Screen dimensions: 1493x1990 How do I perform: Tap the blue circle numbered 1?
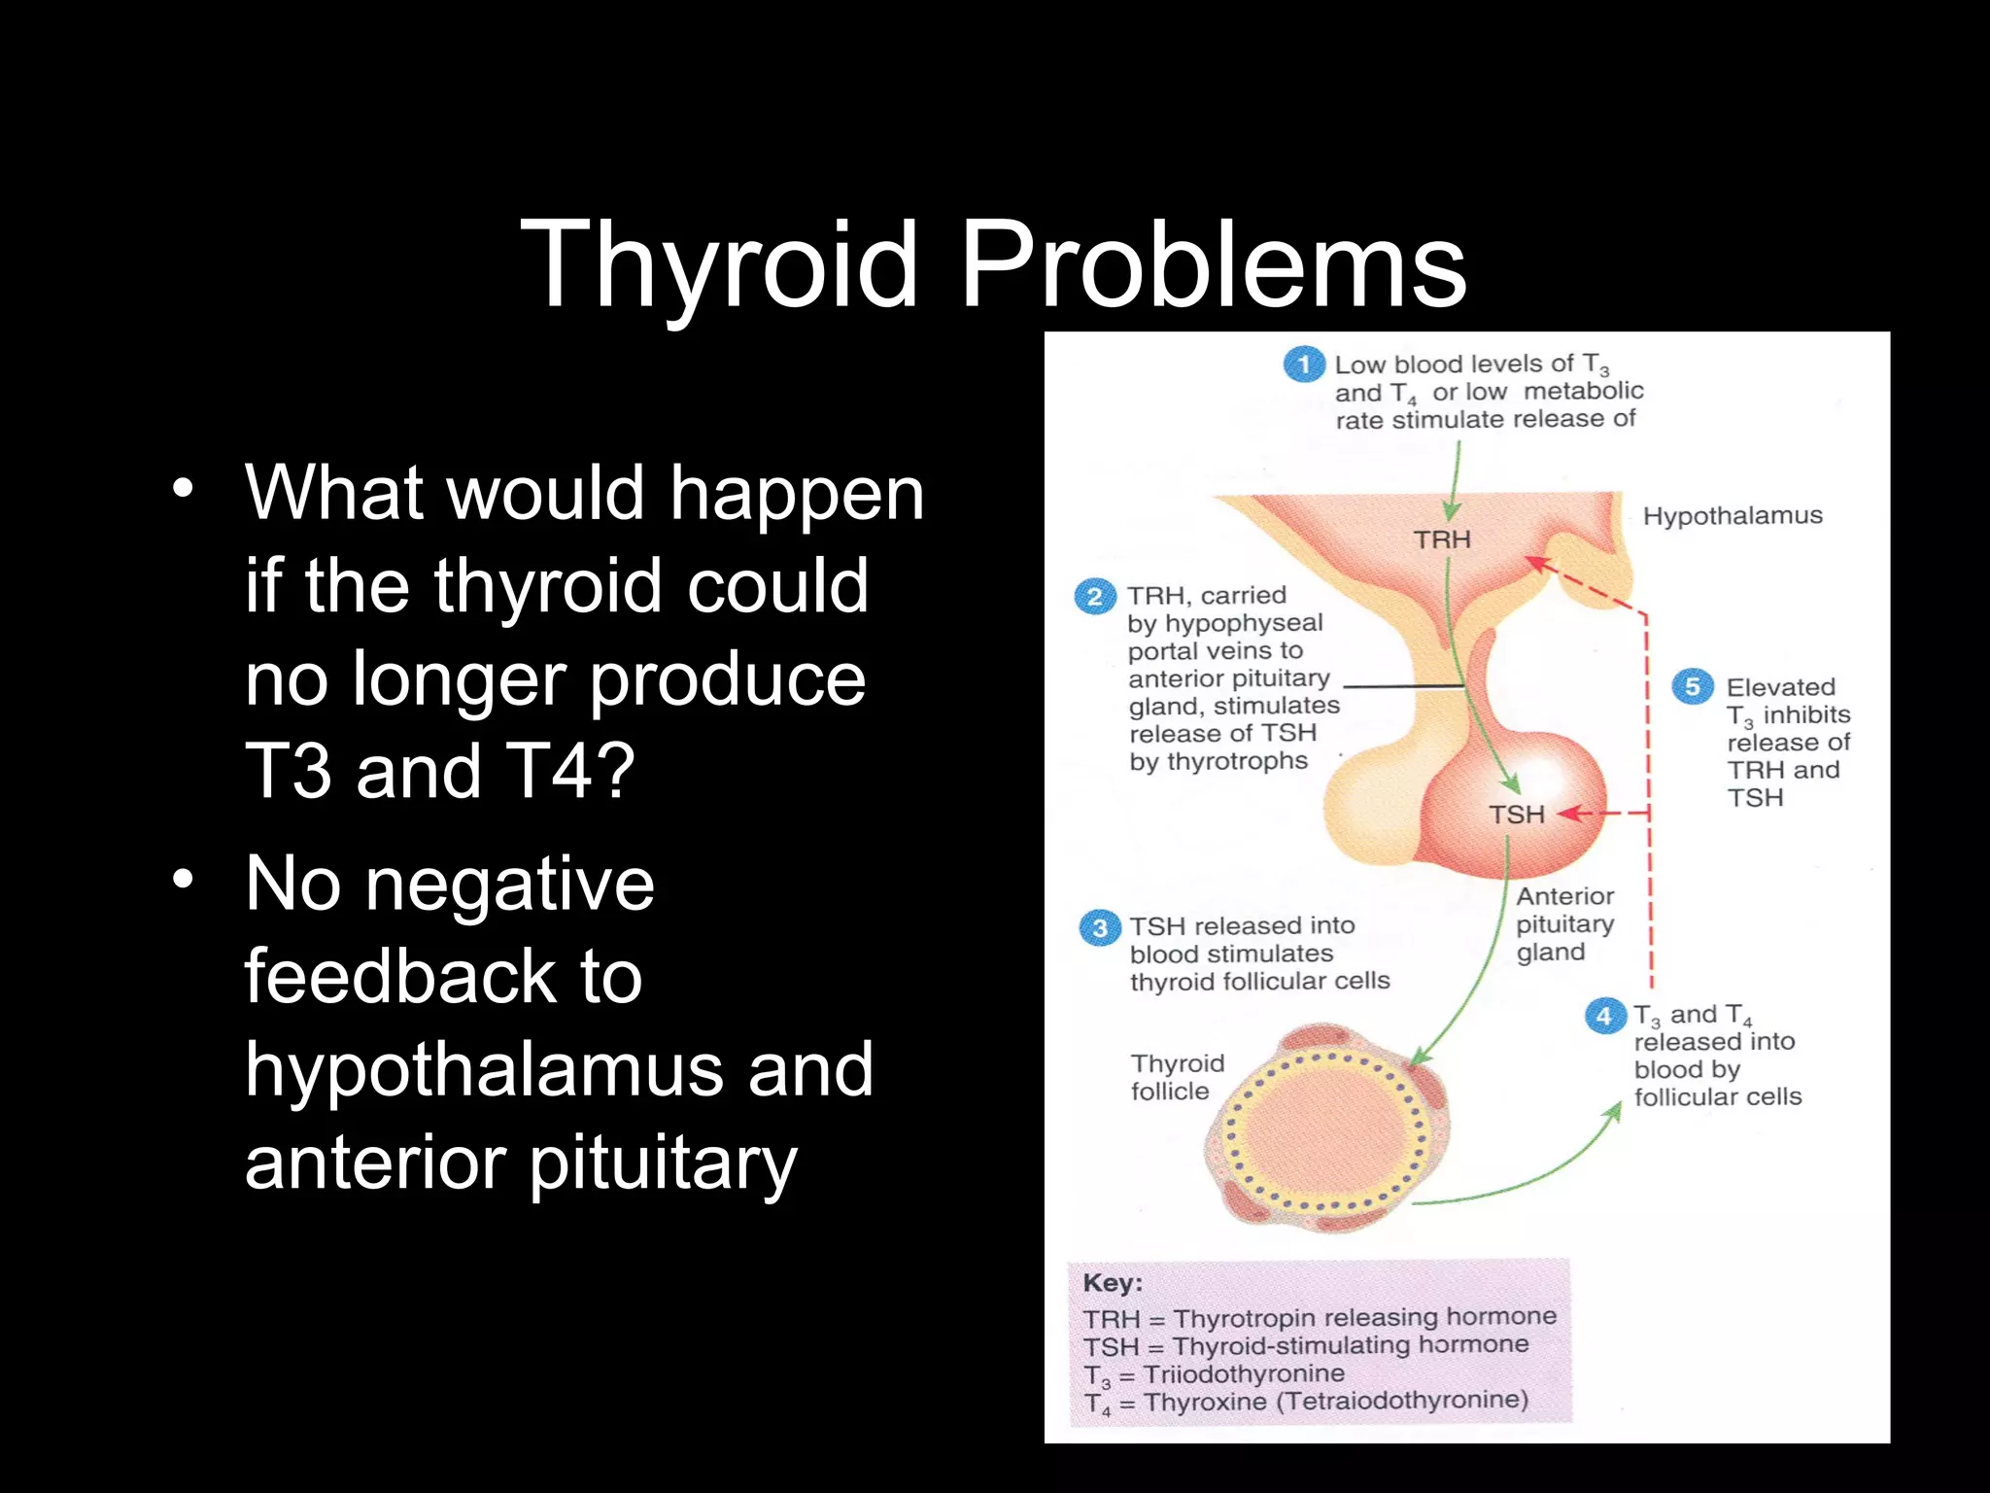coord(1303,365)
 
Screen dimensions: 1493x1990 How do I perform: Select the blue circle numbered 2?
coord(1095,596)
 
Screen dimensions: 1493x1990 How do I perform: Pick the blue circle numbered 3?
coord(1099,927)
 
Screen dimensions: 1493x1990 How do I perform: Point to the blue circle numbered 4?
coord(1604,1016)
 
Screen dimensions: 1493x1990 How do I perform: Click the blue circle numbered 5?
coord(1692,686)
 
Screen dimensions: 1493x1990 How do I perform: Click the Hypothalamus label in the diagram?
coord(1733,515)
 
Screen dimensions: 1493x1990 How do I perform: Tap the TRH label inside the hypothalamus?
coord(1442,539)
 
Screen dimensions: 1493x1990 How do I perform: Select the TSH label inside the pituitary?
coord(1516,815)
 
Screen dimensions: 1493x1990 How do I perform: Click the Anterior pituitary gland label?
coord(1564,923)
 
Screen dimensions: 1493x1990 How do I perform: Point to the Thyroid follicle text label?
coord(1177,1077)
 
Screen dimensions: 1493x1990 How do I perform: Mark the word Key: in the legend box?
coord(1113,1283)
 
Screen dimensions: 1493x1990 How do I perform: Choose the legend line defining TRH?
coord(1320,1318)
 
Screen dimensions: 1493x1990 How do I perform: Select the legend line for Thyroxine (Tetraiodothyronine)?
coord(1306,1402)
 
